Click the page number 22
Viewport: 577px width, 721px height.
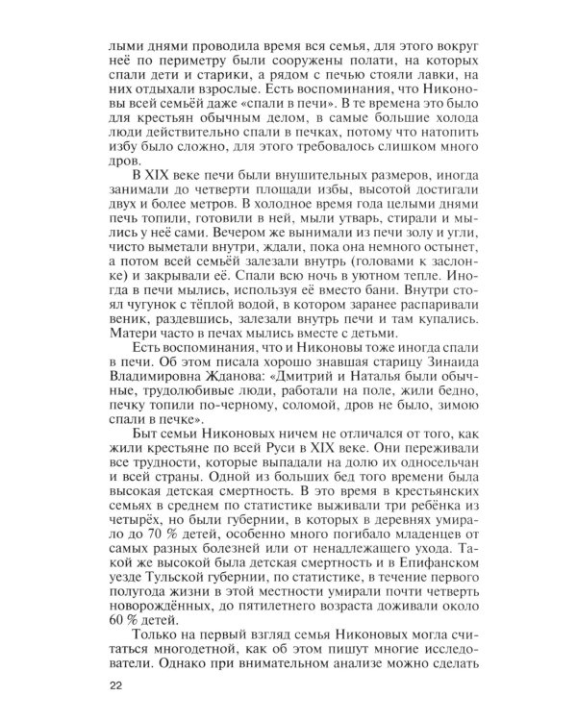pos(118,685)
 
